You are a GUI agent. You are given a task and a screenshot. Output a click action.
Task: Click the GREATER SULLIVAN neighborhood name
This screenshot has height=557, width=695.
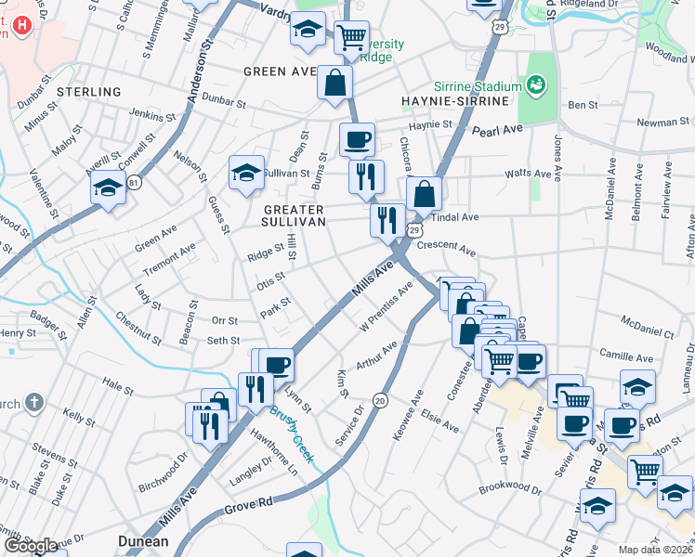(x=295, y=216)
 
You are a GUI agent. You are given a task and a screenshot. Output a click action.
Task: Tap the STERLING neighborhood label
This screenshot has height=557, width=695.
(x=88, y=92)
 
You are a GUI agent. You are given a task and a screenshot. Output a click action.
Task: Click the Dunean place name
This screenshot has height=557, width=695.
(x=143, y=541)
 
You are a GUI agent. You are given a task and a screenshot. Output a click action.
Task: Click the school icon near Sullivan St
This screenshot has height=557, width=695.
(x=246, y=173)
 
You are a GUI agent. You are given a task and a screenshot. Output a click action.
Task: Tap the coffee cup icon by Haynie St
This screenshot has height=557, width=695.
(x=357, y=140)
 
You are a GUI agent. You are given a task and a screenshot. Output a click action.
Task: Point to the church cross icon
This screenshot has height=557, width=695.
(x=34, y=403)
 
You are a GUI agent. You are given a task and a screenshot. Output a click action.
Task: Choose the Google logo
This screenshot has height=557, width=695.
(x=31, y=546)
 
